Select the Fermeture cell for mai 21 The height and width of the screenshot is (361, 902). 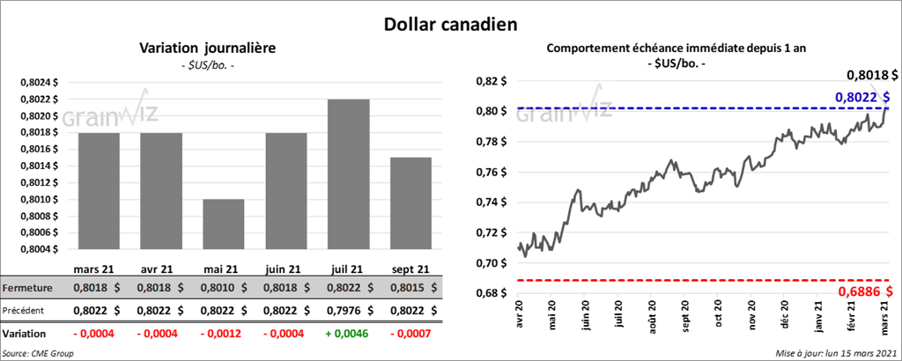tap(218, 288)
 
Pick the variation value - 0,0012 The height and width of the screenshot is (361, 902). tap(218, 335)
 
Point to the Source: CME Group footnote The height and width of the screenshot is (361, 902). tap(37, 353)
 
